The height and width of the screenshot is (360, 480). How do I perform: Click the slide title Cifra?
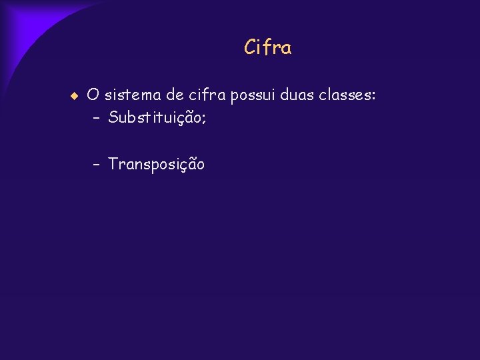pos(268,48)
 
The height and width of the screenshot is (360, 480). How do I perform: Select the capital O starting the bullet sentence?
pos(93,96)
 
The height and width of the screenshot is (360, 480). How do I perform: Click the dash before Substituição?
pos(97,119)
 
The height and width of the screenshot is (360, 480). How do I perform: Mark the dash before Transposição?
pos(97,164)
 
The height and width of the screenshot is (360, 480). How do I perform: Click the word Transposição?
pos(157,165)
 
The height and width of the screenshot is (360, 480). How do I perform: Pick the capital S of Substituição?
pos(113,119)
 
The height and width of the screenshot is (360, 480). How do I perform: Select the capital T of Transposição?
pos(113,164)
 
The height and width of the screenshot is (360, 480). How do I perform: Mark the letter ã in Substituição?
pos(189,118)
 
